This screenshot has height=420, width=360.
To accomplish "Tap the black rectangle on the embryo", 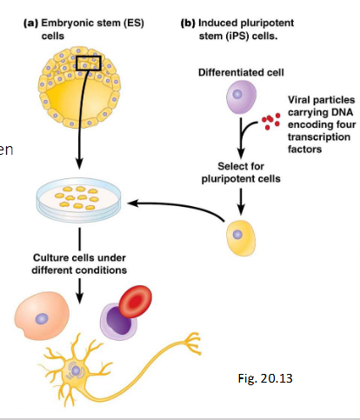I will click(89, 64).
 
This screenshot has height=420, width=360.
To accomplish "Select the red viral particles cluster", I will click(271, 117).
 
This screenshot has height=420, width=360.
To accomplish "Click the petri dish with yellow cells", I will click(78, 202).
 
